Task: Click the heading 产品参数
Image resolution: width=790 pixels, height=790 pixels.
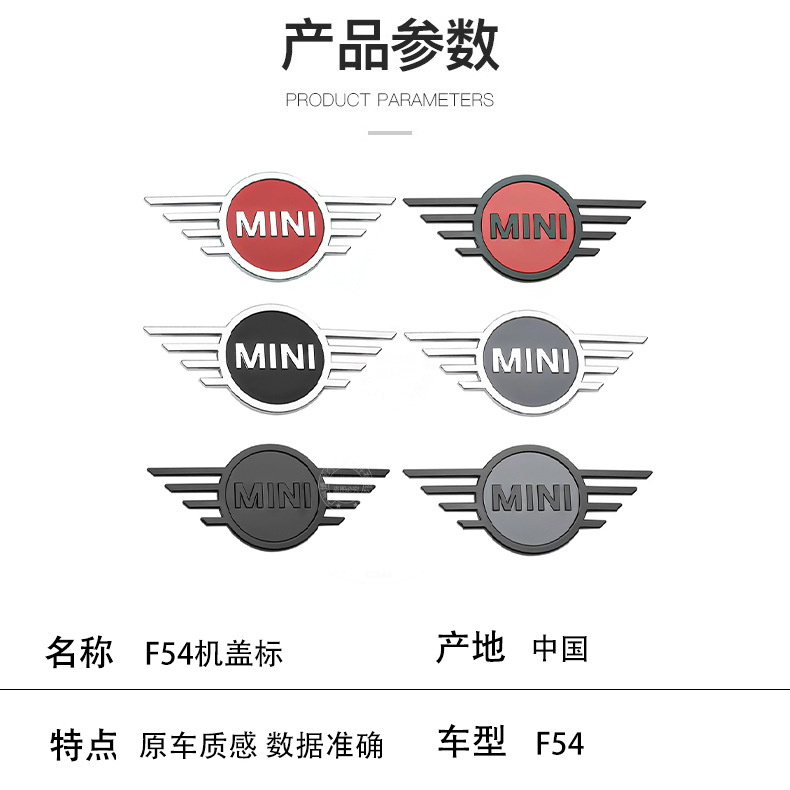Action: tap(390, 45)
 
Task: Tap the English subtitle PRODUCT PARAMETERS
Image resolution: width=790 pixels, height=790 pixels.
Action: tap(389, 100)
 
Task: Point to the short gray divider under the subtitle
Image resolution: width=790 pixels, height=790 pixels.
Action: tap(390, 133)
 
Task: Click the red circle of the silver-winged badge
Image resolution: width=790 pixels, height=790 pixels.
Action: tap(275, 225)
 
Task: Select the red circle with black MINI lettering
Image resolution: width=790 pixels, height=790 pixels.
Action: tap(527, 228)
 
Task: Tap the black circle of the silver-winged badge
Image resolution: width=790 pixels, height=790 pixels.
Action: tap(275, 357)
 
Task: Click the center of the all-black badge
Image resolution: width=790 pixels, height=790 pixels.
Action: tap(272, 496)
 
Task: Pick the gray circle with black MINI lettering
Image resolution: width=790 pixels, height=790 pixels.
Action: tap(532, 499)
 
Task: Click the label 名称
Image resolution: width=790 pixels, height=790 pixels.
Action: tap(80, 652)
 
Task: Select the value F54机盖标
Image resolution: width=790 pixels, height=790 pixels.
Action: tap(214, 653)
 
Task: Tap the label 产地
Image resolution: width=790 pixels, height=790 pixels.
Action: tap(470, 647)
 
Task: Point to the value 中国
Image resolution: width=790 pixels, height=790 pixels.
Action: tap(560, 648)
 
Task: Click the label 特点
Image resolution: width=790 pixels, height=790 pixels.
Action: tap(84, 745)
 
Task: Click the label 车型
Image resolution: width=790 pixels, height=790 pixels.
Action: tap(472, 741)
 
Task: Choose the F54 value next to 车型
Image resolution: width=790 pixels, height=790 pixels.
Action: tap(560, 743)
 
